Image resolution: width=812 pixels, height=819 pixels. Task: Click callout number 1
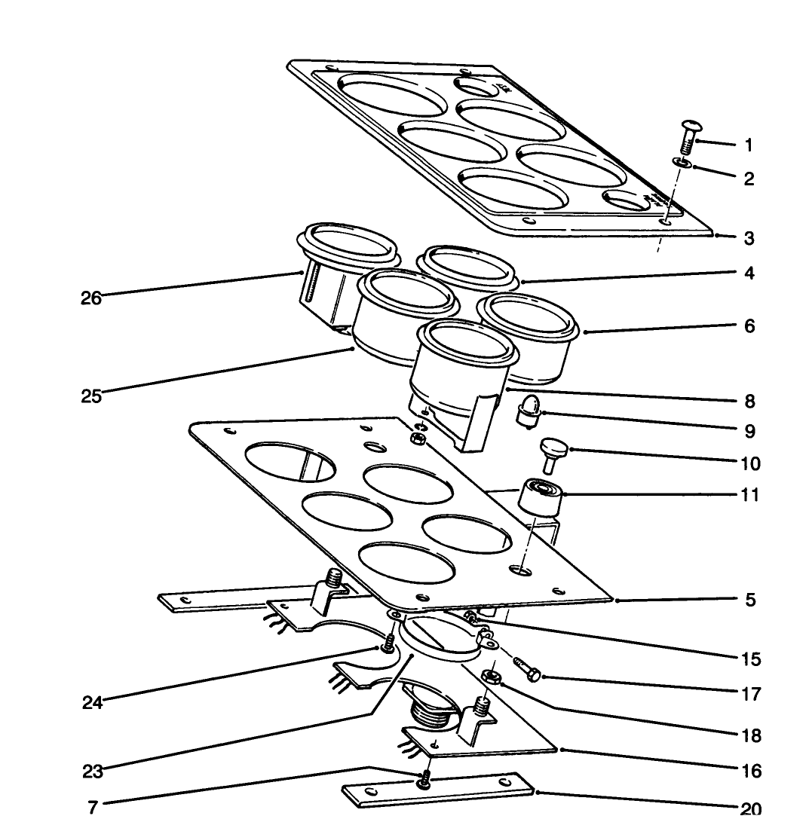pyautogui.click(x=749, y=145)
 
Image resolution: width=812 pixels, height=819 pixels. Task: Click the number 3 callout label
pyautogui.click(x=749, y=238)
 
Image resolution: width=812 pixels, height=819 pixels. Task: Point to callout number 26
pyautogui.click(x=91, y=298)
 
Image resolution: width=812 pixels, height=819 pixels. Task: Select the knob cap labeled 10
pyautogui.click(x=552, y=456)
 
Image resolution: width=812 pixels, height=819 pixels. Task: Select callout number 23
pyautogui.click(x=93, y=772)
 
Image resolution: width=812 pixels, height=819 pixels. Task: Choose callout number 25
pyautogui.click(x=91, y=396)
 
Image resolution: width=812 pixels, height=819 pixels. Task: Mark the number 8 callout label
pyautogui.click(x=749, y=402)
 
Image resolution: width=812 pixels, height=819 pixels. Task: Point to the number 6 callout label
pyautogui.click(x=749, y=326)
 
